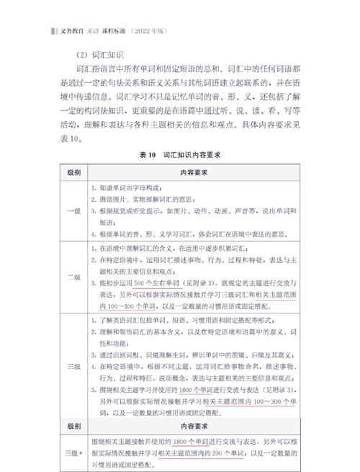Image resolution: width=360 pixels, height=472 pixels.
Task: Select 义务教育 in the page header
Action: click(71, 32)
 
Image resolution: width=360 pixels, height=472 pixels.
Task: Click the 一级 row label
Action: click(74, 211)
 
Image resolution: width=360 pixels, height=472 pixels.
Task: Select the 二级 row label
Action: click(74, 277)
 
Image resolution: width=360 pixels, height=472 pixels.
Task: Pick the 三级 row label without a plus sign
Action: click(74, 367)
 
